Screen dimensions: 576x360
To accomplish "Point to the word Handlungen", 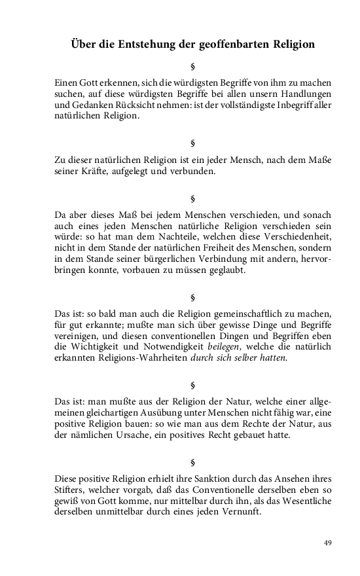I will pos(306,94).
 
